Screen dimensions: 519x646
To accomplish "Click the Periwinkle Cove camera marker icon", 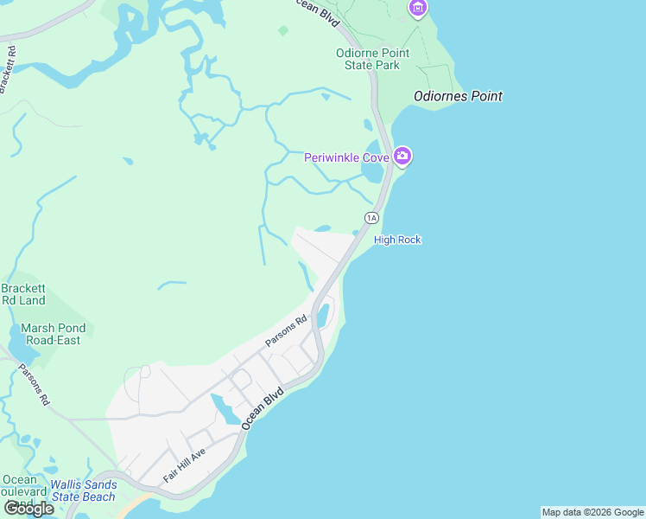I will coord(402,157).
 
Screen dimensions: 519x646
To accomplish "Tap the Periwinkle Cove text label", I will coord(346,157).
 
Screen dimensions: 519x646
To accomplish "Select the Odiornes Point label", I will coord(458,96).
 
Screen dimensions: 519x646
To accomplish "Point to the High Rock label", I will coord(397,240).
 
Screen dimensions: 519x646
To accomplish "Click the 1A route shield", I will coord(371,218).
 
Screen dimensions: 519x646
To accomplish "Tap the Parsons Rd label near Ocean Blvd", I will coord(286,331).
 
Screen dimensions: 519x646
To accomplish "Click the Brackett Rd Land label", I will coord(23,294).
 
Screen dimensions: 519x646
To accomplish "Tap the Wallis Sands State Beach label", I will coord(82,490).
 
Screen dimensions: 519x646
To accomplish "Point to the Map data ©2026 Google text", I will coord(592,512).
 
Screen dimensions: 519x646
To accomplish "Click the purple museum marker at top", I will coord(418,8).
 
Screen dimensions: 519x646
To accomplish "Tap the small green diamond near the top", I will coord(283,30).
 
